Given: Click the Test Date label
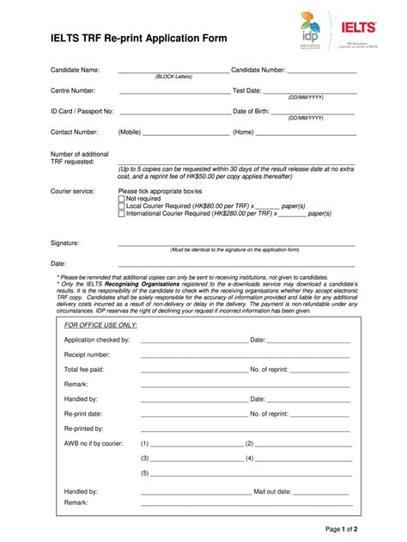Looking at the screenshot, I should tap(247, 90).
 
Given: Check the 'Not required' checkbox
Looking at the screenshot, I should tap(121, 198).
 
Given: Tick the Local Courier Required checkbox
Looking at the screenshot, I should tap(121, 206).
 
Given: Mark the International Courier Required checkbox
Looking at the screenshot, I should tap(121, 213).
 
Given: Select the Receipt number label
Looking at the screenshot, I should tap(87, 354).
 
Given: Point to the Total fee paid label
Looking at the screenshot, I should tap(83, 368).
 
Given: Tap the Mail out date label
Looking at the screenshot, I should tap(272, 491).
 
